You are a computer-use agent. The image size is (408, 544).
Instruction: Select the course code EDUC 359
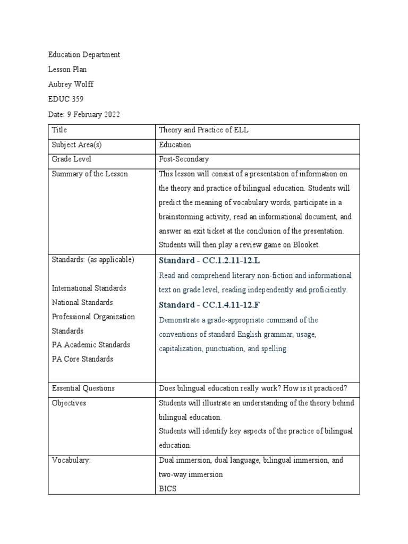pos(66,99)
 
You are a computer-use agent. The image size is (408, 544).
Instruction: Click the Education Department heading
pos(84,55)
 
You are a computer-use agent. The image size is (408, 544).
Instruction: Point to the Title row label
pos(59,130)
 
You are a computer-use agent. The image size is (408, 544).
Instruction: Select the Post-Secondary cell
pos(184,159)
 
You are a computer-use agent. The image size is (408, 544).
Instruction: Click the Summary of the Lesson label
pos(90,174)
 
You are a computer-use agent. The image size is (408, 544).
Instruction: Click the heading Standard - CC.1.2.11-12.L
pos(210,260)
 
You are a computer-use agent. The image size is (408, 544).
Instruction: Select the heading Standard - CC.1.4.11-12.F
pos(210,305)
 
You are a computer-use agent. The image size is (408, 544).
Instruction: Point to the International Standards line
pos(89,288)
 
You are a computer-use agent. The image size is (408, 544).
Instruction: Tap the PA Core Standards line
pos(82,359)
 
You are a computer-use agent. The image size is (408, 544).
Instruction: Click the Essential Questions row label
pos(83,388)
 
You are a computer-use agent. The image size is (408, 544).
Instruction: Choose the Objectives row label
pos(69,403)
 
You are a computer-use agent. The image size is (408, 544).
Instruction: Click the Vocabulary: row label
pos(71,460)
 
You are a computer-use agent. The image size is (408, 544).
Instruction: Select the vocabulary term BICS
pos(167,488)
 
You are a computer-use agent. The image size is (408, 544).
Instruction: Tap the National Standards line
pos(82,302)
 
